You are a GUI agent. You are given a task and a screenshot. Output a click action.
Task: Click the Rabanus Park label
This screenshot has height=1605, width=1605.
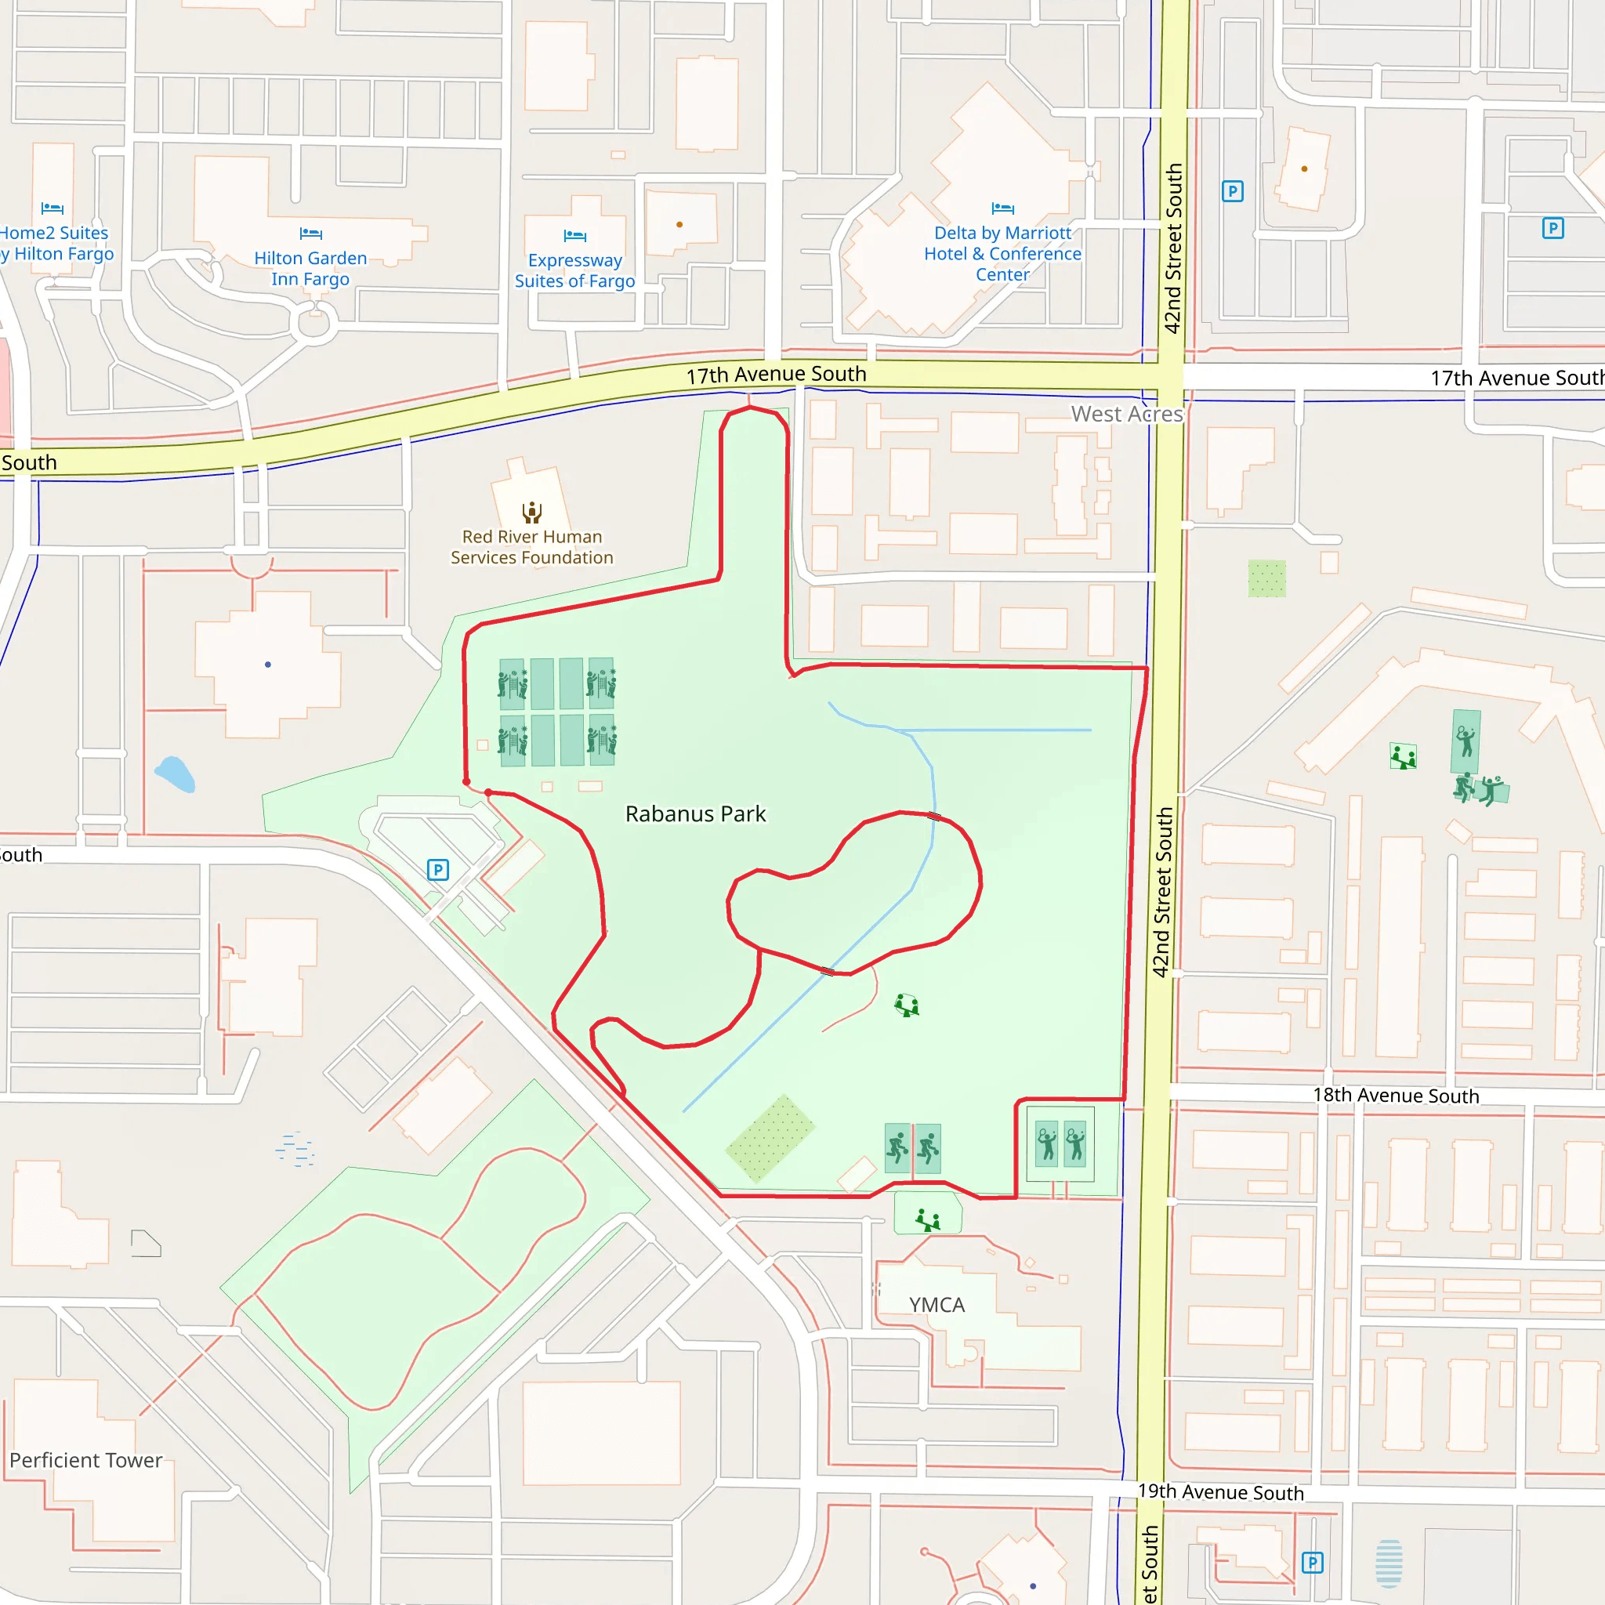pos(695,814)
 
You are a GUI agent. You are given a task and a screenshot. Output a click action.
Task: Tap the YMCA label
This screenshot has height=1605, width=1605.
pos(937,1305)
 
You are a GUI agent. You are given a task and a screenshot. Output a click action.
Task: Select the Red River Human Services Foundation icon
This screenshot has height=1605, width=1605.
pos(531,512)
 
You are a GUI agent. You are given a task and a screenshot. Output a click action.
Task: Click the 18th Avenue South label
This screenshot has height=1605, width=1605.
pos(1396,1096)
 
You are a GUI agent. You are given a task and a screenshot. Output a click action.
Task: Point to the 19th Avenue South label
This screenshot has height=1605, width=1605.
pos(1220,1492)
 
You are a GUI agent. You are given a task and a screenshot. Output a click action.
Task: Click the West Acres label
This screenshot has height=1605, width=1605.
pos(1126,414)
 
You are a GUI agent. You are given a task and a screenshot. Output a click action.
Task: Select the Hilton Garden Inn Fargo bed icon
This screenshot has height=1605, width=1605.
pos(310,234)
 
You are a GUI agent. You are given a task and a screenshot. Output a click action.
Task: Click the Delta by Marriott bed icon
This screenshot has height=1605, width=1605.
pos(1002,208)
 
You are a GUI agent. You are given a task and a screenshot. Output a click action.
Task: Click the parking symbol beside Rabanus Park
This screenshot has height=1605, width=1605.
pos(438,870)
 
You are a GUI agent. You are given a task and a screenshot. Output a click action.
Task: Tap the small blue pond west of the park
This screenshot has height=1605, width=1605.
pos(176,774)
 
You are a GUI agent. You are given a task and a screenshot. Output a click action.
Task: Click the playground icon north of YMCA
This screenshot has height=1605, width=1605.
pos(928,1220)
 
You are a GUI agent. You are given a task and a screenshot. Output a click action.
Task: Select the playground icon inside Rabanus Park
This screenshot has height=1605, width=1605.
pos(907,1006)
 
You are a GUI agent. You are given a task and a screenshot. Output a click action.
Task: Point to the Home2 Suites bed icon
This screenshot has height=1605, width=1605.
pos(53,208)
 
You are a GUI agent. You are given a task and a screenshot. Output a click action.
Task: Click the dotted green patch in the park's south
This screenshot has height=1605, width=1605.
pos(770,1138)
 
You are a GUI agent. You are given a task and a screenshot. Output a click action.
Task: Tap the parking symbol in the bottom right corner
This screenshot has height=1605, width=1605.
pos(1312,1563)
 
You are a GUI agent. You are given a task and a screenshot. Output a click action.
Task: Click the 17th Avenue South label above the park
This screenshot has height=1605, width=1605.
pos(776,375)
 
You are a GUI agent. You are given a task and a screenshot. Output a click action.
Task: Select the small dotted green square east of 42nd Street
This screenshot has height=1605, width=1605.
pos(1267,579)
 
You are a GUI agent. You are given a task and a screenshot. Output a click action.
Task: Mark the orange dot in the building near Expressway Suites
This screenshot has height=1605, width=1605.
pos(679,224)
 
